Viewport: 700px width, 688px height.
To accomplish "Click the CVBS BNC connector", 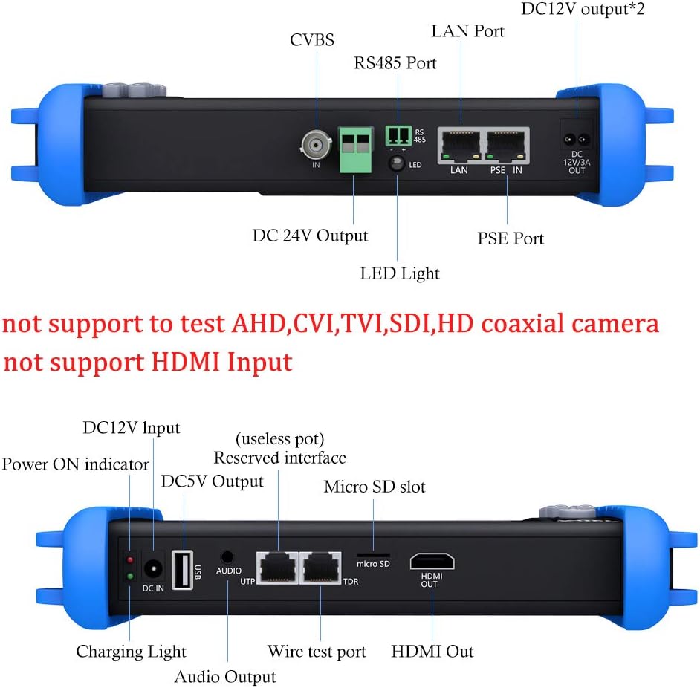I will (x=316, y=142).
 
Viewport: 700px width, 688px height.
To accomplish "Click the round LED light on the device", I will (x=397, y=164).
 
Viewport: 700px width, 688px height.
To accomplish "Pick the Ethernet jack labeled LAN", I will (x=459, y=143).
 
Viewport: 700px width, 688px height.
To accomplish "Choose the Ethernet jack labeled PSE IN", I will (x=507, y=143).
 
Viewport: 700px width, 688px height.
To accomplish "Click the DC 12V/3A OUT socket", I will (x=577, y=138).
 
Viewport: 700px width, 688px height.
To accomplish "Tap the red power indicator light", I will (x=130, y=559).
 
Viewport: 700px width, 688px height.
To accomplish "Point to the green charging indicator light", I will (x=130, y=575).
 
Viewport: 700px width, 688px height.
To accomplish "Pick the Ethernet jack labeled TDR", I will (x=321, y=568).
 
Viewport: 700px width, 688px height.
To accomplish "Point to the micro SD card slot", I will (x=374, y=554).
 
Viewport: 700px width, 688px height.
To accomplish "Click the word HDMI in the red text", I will (x=185, y=362).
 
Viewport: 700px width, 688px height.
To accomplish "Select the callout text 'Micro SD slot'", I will (x=375, y=487).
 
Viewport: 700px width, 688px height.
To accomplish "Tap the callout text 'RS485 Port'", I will (x=395, y=63).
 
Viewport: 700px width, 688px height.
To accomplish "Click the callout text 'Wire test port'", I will (x=317, y=652).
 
